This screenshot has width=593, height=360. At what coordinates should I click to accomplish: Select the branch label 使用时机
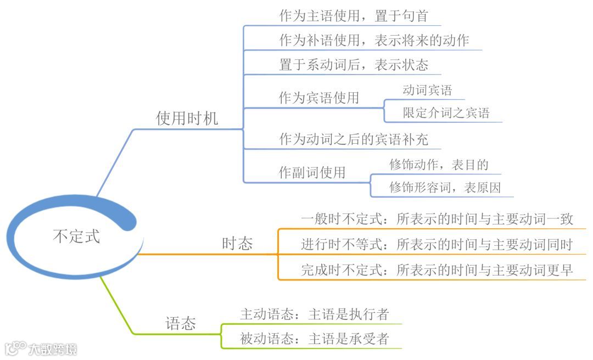187,118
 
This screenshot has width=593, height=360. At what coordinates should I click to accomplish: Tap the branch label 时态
237,244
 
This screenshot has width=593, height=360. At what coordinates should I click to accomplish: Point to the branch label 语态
181,323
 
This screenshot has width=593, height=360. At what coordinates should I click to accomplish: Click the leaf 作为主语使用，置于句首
353,16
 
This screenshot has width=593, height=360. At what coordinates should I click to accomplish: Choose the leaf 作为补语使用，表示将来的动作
374,41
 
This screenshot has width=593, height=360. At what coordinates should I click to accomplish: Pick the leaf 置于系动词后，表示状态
354,65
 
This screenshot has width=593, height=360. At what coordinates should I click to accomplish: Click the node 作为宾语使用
319,98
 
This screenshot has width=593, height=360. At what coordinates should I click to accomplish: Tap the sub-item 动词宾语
427,90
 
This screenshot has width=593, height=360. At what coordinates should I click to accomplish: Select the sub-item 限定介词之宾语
446,113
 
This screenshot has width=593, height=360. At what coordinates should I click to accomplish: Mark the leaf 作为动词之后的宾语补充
354,139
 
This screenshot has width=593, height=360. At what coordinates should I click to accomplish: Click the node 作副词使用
312,172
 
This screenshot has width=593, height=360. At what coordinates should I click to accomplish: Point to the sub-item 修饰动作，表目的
439,164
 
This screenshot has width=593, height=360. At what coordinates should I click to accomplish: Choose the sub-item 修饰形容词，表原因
445,188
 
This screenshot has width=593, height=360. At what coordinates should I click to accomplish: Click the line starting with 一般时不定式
437,219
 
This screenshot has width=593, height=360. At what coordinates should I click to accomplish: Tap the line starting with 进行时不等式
437,244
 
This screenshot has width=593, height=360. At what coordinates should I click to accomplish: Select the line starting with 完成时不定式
437,270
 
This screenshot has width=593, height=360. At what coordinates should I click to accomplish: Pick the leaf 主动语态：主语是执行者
314,314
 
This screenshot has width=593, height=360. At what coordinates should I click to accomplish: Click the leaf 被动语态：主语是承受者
314,339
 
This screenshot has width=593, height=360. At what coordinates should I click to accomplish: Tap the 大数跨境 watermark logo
41,348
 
